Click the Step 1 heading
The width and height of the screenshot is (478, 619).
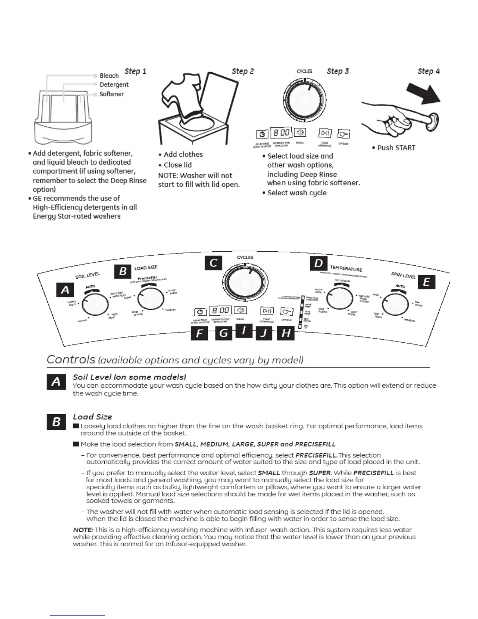coord(135,71)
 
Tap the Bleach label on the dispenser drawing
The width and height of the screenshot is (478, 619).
coord(109,76)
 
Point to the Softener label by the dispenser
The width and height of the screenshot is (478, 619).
coord(112,94)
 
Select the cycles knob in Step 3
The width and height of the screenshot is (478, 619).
coord(304,100)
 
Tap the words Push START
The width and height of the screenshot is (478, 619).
coord(396,148)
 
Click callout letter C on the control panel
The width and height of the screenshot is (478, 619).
coord(213,263)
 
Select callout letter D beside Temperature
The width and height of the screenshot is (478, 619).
coord(319,263)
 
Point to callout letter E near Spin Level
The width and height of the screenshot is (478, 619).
coord(426,282)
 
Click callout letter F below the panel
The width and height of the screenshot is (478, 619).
coord(200,334)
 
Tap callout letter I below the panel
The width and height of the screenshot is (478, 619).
coord(244,331)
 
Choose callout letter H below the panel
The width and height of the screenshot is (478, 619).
coord(286,333)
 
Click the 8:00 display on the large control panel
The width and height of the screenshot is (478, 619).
coord(221,311)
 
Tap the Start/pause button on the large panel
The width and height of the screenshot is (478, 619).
coord(267,311)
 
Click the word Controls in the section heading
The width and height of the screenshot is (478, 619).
coord(71,359)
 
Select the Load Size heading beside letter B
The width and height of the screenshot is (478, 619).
coord(93,417)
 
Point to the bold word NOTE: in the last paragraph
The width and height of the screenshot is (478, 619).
coord(83,530)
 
